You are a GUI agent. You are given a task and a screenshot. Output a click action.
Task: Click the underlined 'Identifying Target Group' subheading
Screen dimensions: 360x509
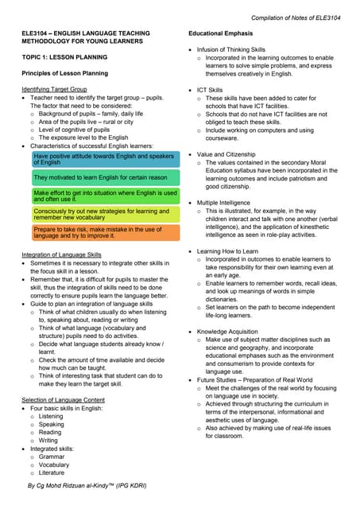(x=55, y=89)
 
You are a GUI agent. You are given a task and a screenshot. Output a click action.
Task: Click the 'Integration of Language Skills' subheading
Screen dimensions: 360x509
(x=61, y=254)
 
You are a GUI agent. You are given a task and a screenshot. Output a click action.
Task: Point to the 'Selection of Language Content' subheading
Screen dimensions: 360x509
(x=63, y=399)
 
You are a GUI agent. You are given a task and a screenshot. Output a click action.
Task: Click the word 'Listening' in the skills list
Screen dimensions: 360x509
(x=51, y=416)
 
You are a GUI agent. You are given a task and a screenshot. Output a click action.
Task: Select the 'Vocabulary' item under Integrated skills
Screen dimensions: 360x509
(x=55, y=465)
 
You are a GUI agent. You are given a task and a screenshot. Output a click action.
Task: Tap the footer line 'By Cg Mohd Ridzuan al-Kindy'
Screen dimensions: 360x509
(x=87, y=484)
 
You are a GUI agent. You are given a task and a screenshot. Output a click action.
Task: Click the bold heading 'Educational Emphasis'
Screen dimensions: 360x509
(x=221, y=33)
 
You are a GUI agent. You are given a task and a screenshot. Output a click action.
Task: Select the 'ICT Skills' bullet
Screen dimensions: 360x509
(x=211, y=91)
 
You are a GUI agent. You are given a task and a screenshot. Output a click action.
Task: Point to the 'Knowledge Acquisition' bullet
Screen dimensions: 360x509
(x=229, y=330)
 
